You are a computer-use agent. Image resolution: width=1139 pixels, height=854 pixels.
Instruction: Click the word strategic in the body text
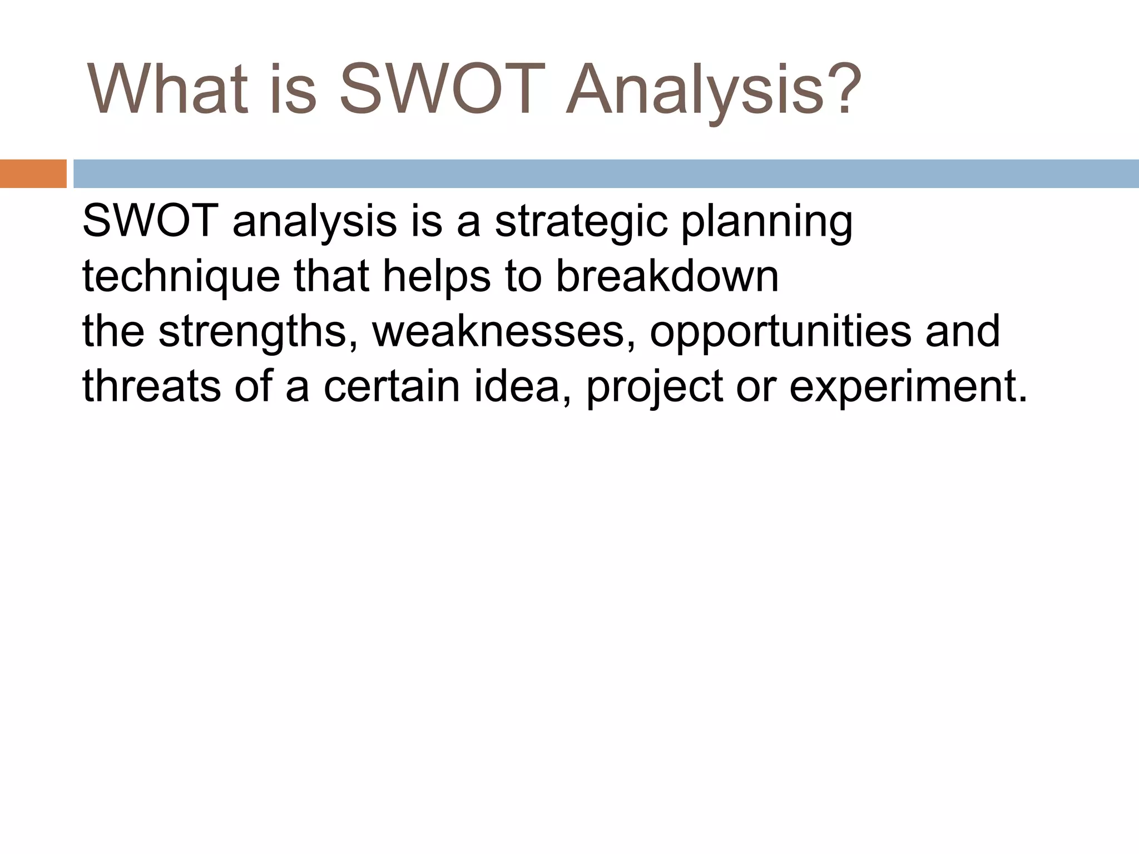pyautogui.click(x=581, y=222)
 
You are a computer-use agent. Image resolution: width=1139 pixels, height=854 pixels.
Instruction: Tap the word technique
pyautogui.click(x=181, y=277)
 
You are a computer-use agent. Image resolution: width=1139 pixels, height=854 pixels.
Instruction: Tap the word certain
pyautogui.click(x=392, y=386)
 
